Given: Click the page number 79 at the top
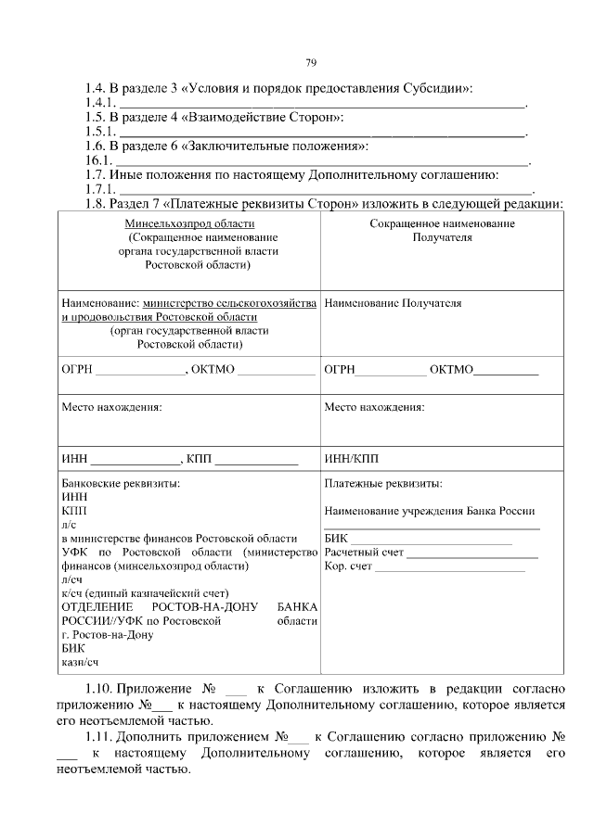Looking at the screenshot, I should [312, 62].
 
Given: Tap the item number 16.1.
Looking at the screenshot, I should [97, 160].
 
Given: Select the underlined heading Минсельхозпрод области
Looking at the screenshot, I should [190, 223].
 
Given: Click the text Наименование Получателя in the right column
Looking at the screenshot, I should [394, 303].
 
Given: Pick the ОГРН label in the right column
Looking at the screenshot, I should [340, 370].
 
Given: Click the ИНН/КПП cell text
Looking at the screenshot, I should [352, 458].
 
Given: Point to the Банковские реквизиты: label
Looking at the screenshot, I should [121, 484].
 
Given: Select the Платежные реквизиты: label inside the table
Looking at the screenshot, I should [383, 484].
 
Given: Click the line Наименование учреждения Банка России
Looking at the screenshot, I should [430, 511].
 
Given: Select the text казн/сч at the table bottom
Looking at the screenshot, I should [80, 662].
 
